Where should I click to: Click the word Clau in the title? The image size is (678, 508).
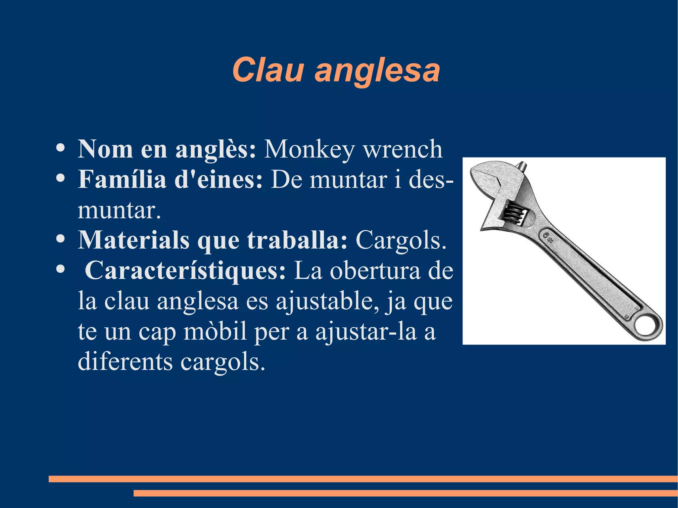[x=267, y=70]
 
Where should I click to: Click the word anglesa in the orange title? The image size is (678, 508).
[x=377, y=71]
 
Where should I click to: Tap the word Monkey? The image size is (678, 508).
[x=309, y=150]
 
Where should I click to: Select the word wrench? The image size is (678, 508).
[x=403, y=150]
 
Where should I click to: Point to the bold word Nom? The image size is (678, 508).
[x=105, y=150]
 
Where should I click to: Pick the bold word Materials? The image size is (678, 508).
[x=133, y=240]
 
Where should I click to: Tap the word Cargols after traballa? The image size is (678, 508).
[x=401, y=241]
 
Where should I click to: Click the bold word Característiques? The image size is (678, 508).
[x=185, y=271]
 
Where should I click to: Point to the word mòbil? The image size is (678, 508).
[x=215, y=332]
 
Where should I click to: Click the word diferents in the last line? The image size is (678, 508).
[x=125, y=361]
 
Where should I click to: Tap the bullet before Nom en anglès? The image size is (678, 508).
[x=60, y=148]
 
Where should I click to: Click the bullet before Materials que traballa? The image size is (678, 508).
[x=60, y=239]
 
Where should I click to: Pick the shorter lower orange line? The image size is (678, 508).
[x=405, y=493]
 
